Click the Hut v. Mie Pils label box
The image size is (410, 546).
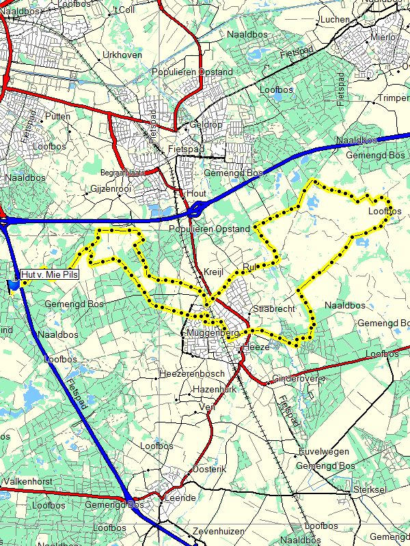pyautogui.click(x=50, y=274)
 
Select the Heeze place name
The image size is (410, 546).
pyautogui.click(x=257, y=347)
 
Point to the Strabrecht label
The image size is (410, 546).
pyautogui.click(x=273, y=309)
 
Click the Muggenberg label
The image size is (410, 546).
pyautogui.click(x=213, y=333)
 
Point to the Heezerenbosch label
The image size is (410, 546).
pyautogui.click(x=191, y=374)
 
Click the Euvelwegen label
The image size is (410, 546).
pyautogui.click(x=324, y=452)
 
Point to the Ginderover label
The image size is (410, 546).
pyautogui.click(x=295, y=379)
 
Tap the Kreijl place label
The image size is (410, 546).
pyautogui.click(x=213, y=272)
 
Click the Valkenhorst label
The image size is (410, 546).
pyautogui.click(x=28, y=481)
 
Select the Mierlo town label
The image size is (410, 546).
pyautogui.click(x=383, y=38)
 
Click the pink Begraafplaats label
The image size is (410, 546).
pyautogui.click(x=122, y=173)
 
